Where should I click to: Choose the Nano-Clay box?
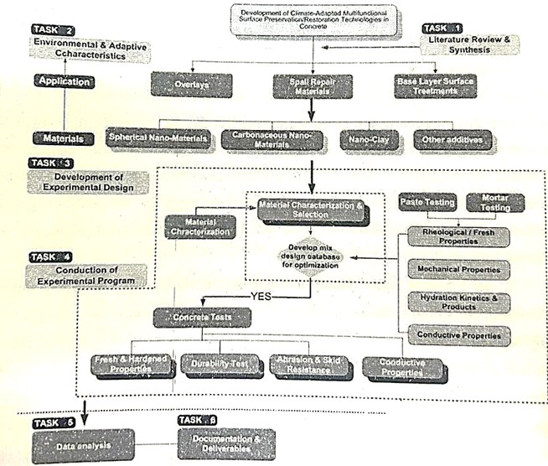coord(368,138)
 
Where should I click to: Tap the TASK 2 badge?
coord(53,30)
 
